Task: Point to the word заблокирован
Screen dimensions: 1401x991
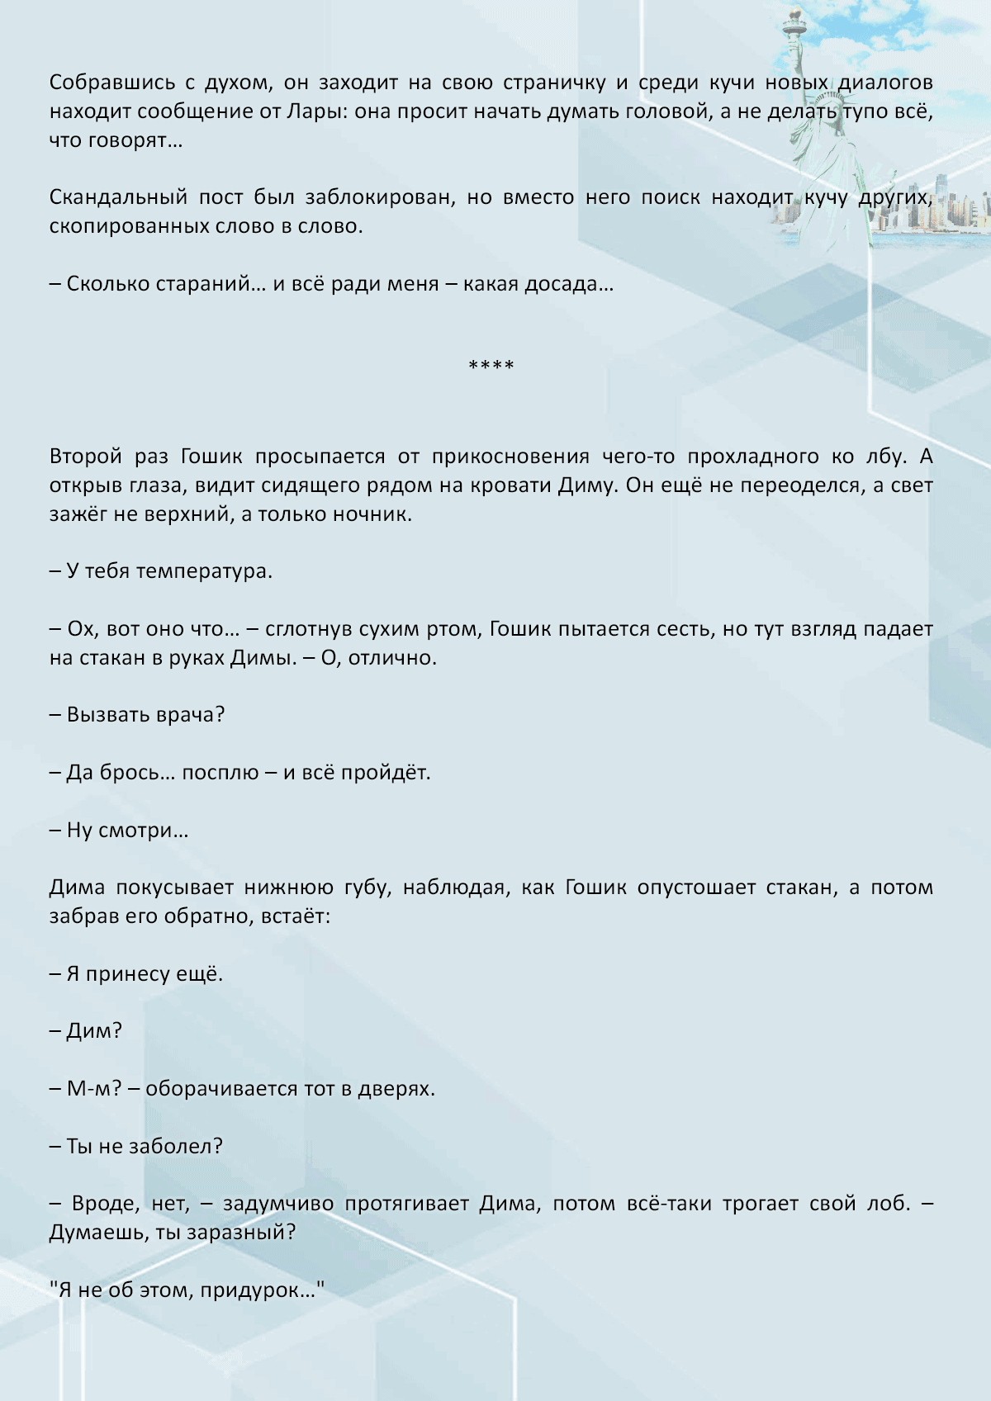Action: [x=378, y=197]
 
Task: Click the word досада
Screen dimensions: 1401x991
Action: [x=576, y=284]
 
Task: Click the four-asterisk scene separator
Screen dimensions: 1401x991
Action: [x=491, y=365]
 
